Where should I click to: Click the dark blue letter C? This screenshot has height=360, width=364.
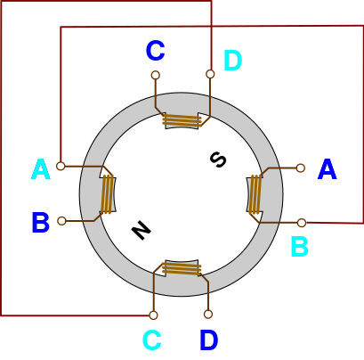pyautogui.click(x=156, y=51)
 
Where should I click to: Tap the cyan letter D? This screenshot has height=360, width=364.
pyautogui.click(x=233, y=61)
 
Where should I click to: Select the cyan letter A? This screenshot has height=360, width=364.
pyautogui.click(x=41, y=169)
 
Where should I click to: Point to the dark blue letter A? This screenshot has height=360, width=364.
pyautogui.click(x=328, y=169)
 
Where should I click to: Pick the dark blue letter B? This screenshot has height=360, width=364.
pyautogui.click(x=40, y=222)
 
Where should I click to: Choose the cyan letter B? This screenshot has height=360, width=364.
pyautogui.click(x=300, y=246)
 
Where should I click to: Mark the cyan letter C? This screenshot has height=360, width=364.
pyautogui.click(x=152, y=340)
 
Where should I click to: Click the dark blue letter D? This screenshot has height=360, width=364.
pyautogui.click(x=209, y=340)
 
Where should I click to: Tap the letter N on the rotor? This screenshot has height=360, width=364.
pyautogui.click(x=142, y=230)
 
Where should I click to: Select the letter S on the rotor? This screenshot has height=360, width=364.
pyautogui.click(x=218, y=160)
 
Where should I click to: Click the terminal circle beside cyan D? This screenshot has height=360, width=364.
pyautogui.click(x=210, y=74)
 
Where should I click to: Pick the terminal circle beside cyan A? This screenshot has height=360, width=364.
pyautogui.click(x=61, y=166)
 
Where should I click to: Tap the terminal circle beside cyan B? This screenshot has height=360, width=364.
pyautogui.click(x=302, y=223)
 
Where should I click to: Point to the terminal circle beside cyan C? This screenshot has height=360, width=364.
pyautogui.click(x=153, y=315)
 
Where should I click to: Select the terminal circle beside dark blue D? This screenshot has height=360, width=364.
pyautogui.click(x=208, y=315)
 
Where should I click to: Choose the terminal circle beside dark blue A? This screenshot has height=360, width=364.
pyautogui.click(x=301, y=168)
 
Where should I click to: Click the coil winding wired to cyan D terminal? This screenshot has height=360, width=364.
pyautogui.click(x=182, y=120)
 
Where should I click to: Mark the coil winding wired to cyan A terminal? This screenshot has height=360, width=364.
pyautogui.click(x=108, y=194)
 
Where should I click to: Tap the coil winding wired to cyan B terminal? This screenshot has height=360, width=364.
pyautogui.click(x=255, y=194)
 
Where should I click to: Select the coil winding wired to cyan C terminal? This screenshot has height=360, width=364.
pyautogui.click(x=182, y=269)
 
